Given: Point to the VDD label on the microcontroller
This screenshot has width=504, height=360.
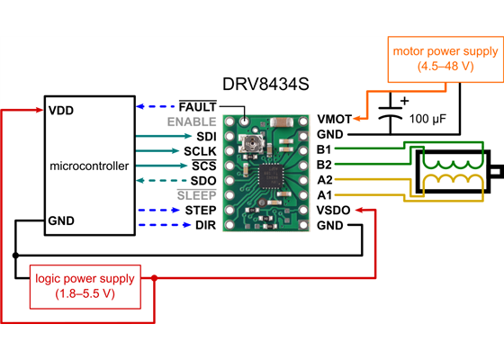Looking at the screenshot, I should coord(61,111).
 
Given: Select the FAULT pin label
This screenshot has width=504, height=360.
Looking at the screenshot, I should coord(197,106).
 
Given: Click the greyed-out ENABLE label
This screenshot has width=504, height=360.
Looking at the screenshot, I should coord(190,121).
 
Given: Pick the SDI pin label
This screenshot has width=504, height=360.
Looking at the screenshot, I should coord(204,136).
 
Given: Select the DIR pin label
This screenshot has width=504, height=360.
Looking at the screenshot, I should coord(204,224).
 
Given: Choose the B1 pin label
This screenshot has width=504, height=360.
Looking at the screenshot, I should coord(325,149).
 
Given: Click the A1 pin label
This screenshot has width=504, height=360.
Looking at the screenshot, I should coord(325,194).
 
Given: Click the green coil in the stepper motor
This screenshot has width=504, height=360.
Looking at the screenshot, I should coord(454,160).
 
